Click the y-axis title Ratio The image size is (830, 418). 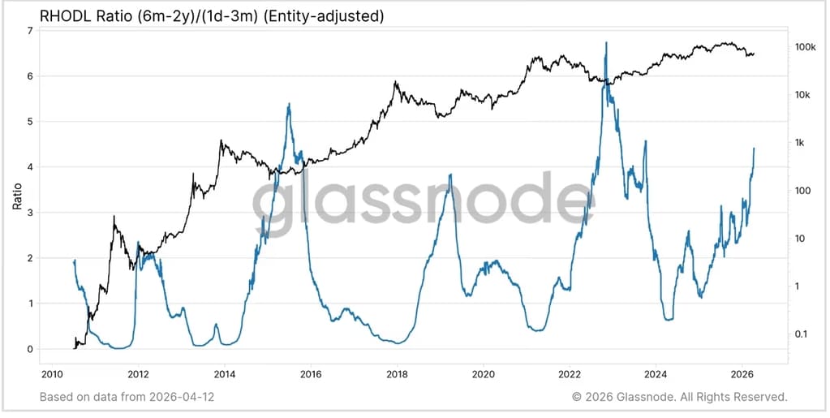[x=17, y=196]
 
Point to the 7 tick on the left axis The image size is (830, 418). [x=30, y=31]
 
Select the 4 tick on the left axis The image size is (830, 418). [x=30, y=167]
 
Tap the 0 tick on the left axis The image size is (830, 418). [x=30, y=350]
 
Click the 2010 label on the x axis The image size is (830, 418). [x=52, y=374]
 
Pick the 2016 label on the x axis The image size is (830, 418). [x=311, y=374]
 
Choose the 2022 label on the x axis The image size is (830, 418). [x=570, y=374]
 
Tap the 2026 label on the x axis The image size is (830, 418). [x=742, y=374]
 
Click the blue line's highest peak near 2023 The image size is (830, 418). [x=606, y=43]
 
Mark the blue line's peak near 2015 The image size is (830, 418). [x=289, y=104]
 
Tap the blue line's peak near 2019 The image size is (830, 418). [x=450, y=175]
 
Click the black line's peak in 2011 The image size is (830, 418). [x=114, y=217]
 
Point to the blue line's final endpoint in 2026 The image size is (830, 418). [x=754, y=149]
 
